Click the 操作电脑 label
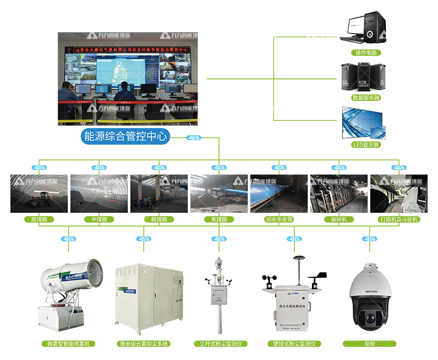point(366,52)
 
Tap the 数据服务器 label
point(366,97)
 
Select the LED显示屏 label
point(366,145)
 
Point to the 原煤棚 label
point(39,219)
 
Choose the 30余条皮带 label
point(279,219)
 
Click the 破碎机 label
point(339,219)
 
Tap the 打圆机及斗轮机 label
point(399,219)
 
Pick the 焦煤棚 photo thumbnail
point(219,193)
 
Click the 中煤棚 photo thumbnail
point(99,193)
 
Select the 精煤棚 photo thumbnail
point(159,193)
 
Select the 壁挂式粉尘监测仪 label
point(294,344)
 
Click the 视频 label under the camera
point(369,344)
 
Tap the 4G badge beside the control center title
point(193,138)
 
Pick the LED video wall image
point(365,122)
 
